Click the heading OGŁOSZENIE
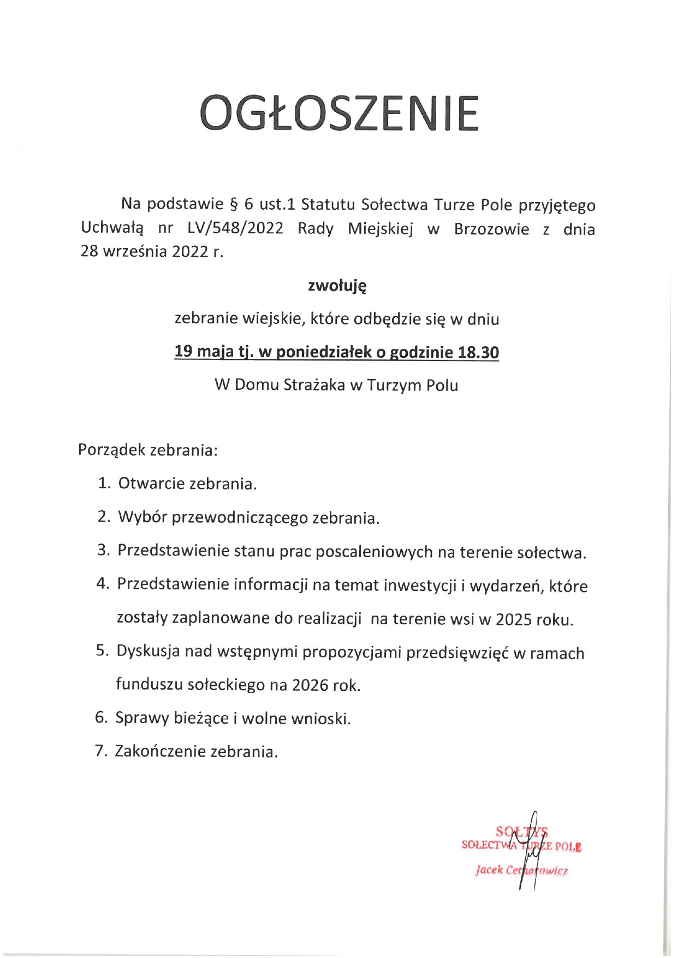339,114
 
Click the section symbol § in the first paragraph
234,204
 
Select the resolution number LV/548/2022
235,228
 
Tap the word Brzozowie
491,229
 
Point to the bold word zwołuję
337,286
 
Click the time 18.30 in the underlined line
478,352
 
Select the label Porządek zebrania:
148,450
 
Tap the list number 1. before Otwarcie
104,483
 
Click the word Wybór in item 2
142,517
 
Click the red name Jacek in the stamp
488,870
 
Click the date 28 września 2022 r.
152,251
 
